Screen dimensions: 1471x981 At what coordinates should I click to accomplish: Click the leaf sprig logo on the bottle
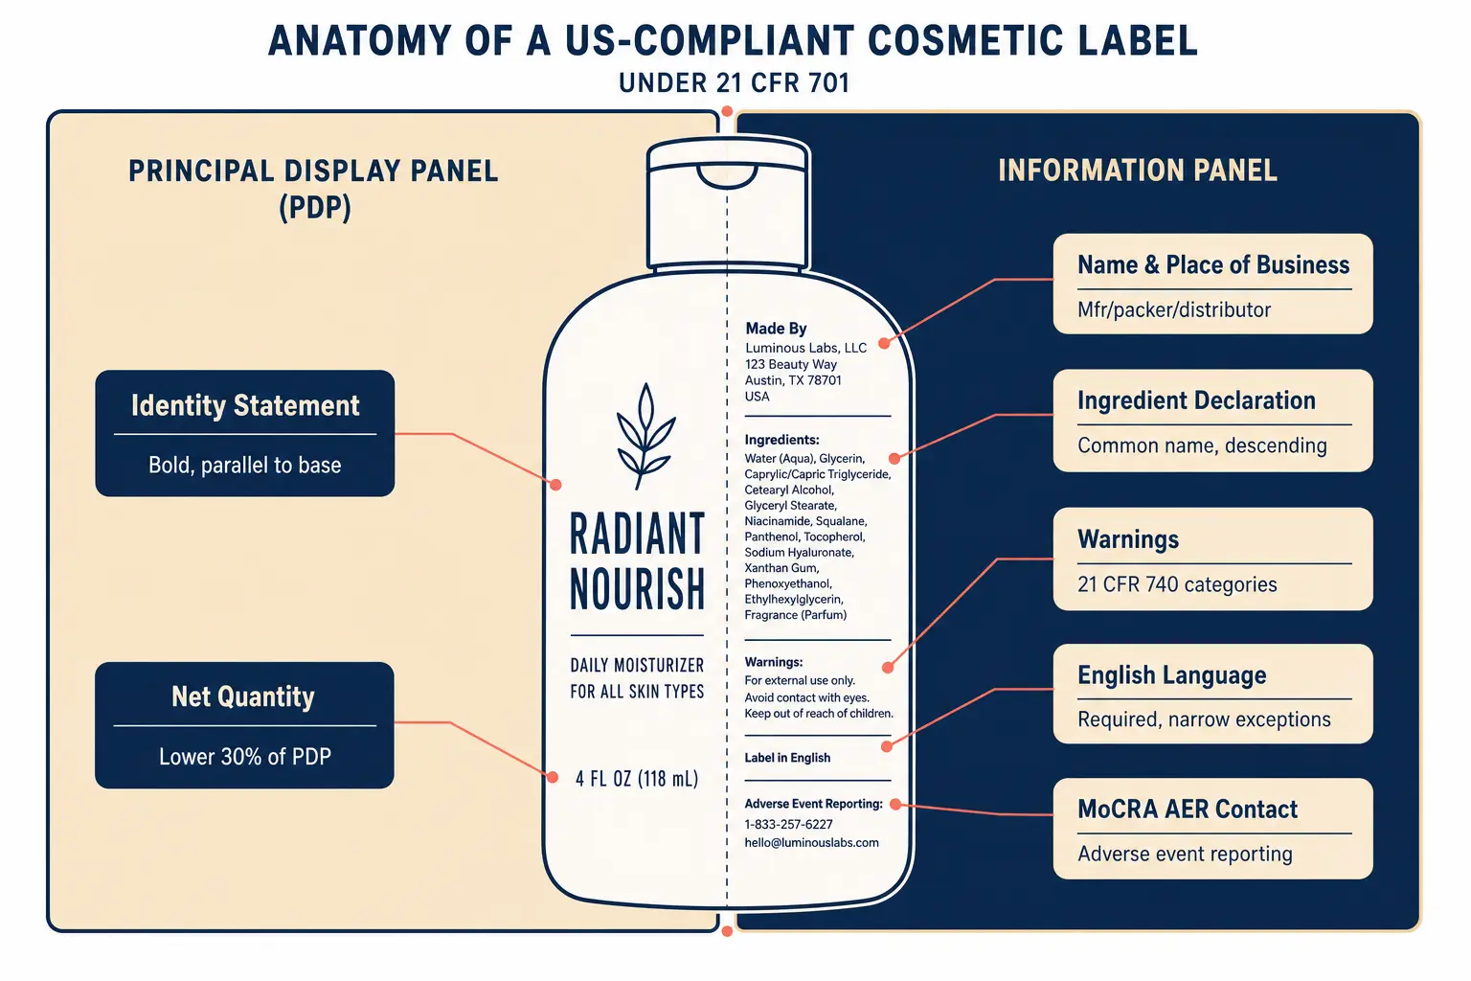(x=645, y=436)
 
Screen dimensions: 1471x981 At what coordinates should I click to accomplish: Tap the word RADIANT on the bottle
(x=637, y=534)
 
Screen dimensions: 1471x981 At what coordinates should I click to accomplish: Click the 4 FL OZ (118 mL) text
(x=636, y=779)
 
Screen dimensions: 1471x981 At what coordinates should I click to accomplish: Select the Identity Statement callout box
(x=245, y=433)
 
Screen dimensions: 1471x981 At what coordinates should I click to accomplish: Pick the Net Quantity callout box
(x=244, y=725)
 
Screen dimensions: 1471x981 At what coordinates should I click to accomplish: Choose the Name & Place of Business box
(x=1212, y=284)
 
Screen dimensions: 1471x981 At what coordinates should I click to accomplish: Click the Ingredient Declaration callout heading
(x=1196, y=400)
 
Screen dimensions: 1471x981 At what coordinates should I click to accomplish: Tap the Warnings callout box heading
(x=1128, y=538)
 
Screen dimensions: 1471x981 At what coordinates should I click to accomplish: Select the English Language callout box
(x=1212, y=694)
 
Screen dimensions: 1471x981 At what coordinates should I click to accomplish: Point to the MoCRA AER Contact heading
(x=1188, y=809)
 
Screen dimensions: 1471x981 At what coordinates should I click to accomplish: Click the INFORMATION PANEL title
(x=1138, y=171)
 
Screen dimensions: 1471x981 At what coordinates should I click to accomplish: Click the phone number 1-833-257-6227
(x=788, y=824)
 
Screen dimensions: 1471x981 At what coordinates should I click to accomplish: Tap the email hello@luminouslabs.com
(x=811, y=842)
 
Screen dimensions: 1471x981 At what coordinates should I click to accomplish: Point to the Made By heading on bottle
(x=776, y=328)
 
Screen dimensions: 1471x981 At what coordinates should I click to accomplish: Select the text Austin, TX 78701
(x=793, y=379)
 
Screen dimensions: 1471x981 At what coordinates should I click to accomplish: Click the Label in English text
(x=787, y=758)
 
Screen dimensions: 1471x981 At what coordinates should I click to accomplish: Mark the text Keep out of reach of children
(x=818, y=714)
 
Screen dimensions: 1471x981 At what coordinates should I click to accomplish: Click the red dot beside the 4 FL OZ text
(x=553, y=778)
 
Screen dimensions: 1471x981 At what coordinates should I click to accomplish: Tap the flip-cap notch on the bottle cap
(x=727, y=176)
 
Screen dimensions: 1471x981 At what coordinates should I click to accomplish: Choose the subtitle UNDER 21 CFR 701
(x=735, y=82)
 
